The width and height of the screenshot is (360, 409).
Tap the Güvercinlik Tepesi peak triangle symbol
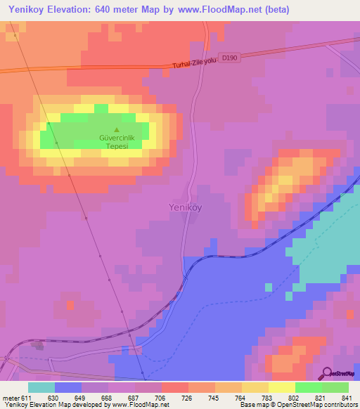click(117, 129)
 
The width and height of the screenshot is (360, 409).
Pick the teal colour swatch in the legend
click(41, 387)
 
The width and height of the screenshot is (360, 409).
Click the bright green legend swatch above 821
click(308, 387)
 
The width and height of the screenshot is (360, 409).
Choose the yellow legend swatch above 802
click(281, 387)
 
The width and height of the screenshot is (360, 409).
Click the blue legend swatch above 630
click(68, 387)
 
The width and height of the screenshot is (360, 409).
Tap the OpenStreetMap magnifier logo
click(327, 372)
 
